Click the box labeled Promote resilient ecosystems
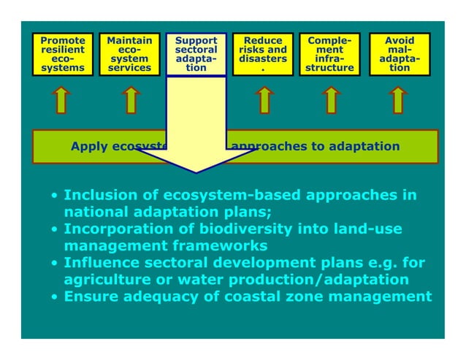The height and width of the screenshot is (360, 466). [62, 55]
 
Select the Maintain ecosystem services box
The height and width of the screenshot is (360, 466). [129, 55]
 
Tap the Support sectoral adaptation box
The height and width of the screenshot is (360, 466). [196, 55]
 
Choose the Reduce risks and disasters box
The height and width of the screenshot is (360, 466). [263, 55]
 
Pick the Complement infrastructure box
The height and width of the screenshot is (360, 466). [329, 55]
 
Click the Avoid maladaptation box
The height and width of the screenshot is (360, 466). [399, 55]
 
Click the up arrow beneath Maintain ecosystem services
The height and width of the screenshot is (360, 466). [130, 100]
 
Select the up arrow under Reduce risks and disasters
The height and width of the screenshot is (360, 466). [264, 100]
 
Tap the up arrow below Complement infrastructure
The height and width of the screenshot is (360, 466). [330, 100]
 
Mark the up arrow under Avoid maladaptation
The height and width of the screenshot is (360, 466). [398, 100]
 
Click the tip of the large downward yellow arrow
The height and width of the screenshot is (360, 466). [196, 172]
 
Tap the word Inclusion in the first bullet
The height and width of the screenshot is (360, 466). [94, 196]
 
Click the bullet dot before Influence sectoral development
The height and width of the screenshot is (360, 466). [55, 264]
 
